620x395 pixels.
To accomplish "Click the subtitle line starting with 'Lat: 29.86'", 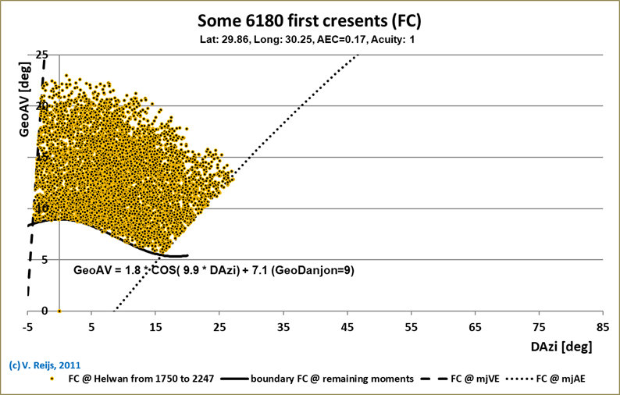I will click(x=310, y=38).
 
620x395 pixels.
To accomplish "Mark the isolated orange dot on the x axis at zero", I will click(x=60, y=311).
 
